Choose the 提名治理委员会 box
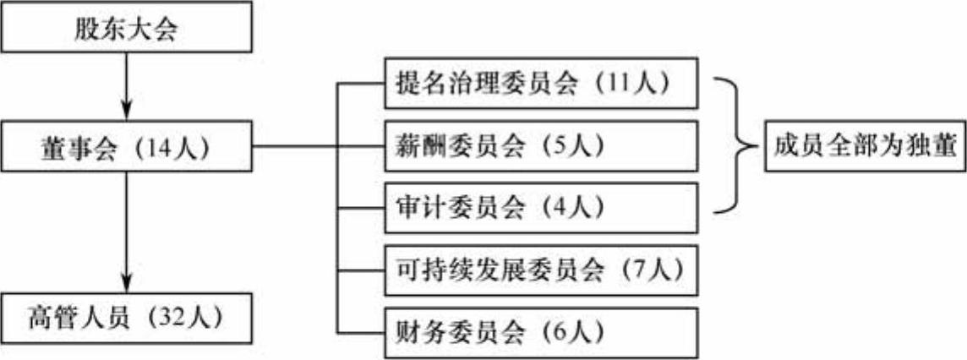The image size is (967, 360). [542, 84]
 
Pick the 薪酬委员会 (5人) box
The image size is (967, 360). [542, 146]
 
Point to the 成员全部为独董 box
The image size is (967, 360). [863, 147]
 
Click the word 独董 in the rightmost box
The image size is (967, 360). [929, 147]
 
